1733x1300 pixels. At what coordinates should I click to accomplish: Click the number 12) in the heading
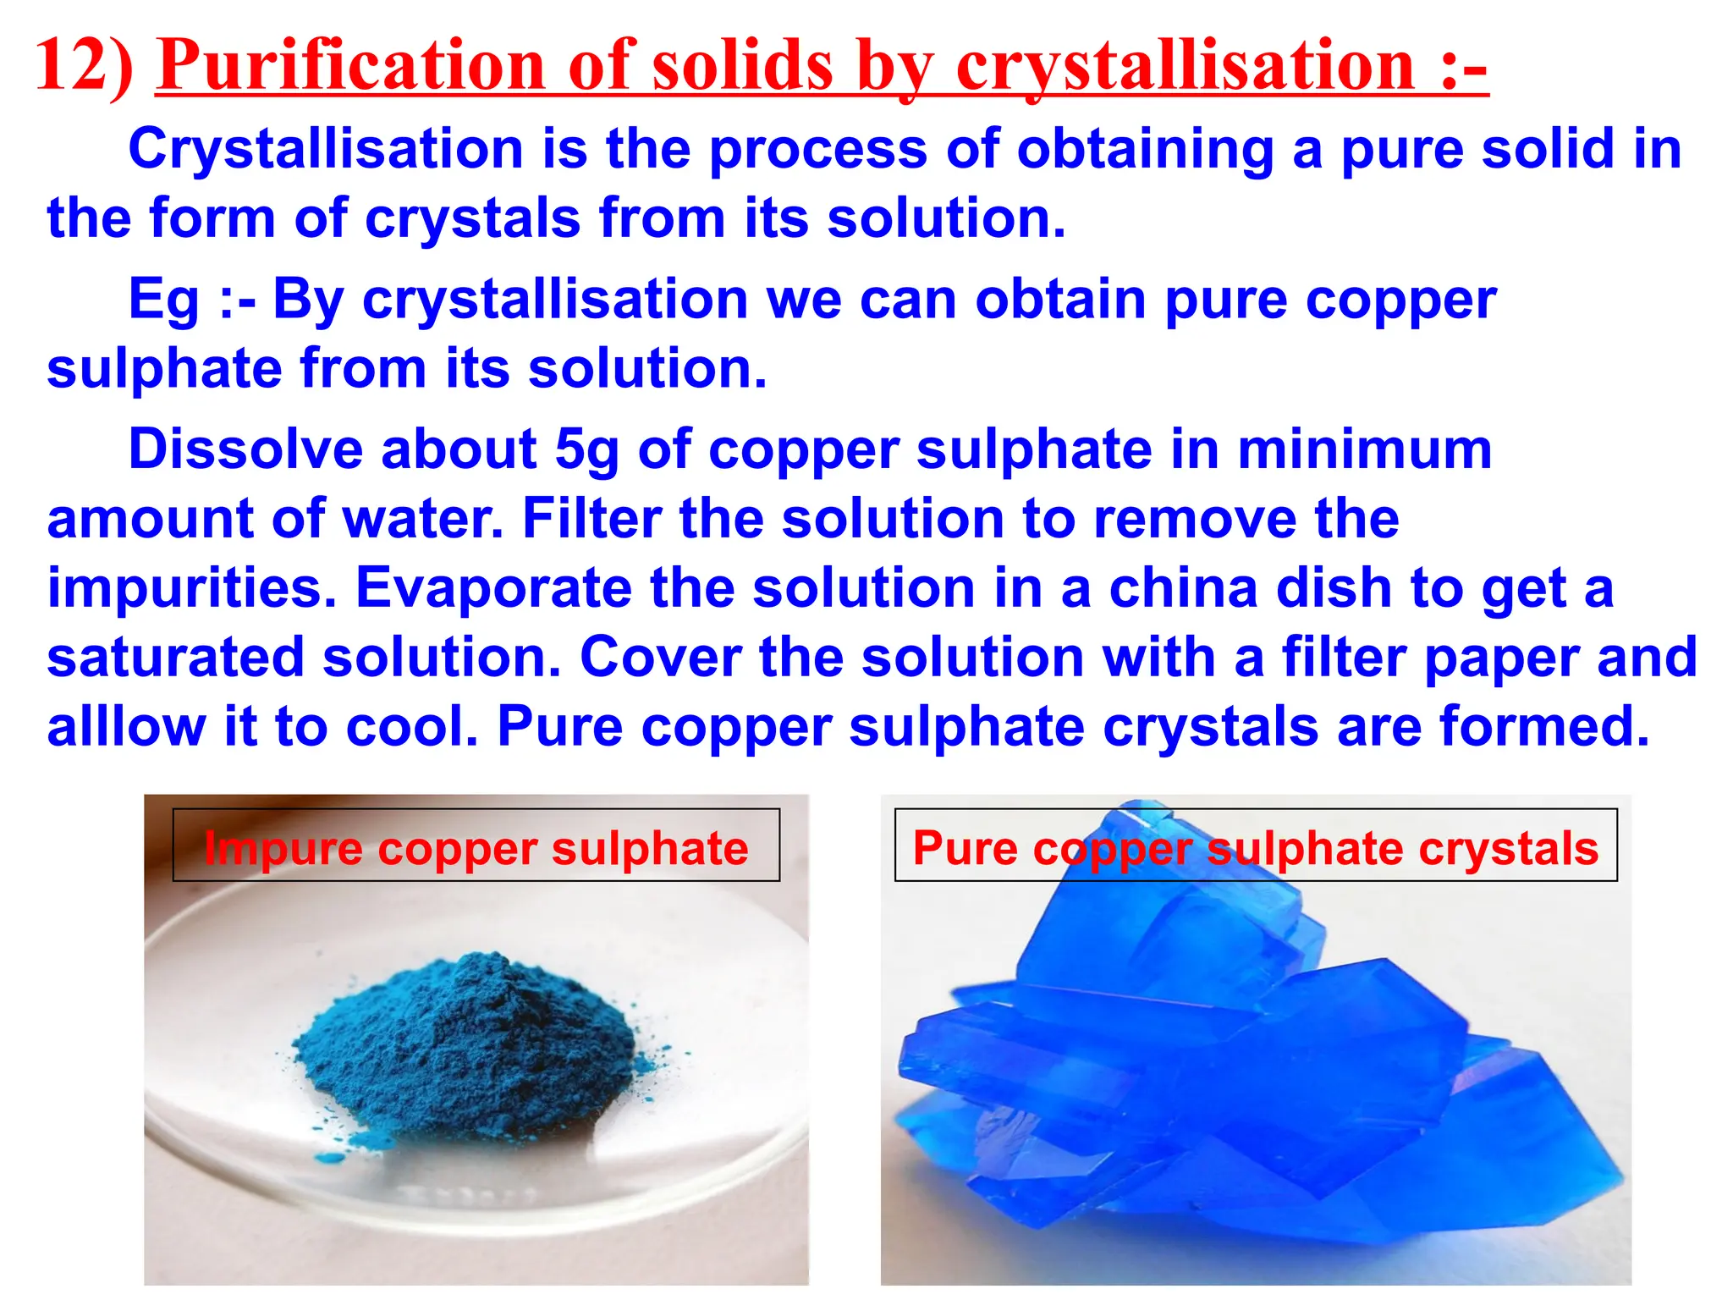point(84,66)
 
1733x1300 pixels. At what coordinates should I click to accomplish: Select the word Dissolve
point(245,449)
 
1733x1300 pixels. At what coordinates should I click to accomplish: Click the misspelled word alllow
point(126,727)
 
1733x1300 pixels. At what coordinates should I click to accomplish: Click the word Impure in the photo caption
point(283,849)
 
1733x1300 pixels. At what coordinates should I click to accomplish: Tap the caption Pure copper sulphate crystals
point(1255,848)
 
